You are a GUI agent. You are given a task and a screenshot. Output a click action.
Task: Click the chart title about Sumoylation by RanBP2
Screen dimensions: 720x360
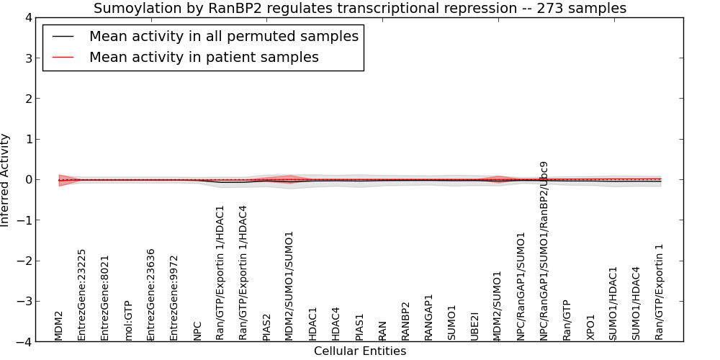(360, 8)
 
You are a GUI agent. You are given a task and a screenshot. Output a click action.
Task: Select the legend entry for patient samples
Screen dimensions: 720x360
(204, 57)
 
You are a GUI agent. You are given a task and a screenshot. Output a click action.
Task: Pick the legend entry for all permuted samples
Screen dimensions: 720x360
(224, 36)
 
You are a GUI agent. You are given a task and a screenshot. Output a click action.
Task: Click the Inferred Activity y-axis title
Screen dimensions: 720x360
(5, 180)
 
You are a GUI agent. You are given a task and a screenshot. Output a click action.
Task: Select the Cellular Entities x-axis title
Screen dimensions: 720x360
(360, 351)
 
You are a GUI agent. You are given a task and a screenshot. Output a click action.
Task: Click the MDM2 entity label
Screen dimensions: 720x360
(58, 326)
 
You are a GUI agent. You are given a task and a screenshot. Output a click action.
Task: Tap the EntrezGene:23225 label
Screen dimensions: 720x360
(81, 294)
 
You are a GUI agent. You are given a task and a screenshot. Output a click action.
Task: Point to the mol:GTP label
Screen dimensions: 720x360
(128, 320)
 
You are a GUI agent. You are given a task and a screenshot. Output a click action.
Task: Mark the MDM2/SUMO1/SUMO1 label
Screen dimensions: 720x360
(289, 286)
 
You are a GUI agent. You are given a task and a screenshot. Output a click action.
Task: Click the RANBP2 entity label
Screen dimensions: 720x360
(405, 321)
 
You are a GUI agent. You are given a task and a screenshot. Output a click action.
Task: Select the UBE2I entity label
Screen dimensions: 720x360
(474, 326)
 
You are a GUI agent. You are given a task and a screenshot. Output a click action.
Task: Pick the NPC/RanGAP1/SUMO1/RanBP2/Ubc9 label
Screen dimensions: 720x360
(544, 251)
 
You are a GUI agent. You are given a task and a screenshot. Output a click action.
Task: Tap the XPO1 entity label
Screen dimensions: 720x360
(590, 328)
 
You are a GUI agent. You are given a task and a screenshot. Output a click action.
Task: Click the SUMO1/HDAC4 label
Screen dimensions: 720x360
(636, 304)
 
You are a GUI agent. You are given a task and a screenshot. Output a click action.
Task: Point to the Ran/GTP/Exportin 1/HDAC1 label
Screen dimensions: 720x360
(220, 273)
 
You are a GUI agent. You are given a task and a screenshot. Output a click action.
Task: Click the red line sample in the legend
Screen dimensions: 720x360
(63, 58)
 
